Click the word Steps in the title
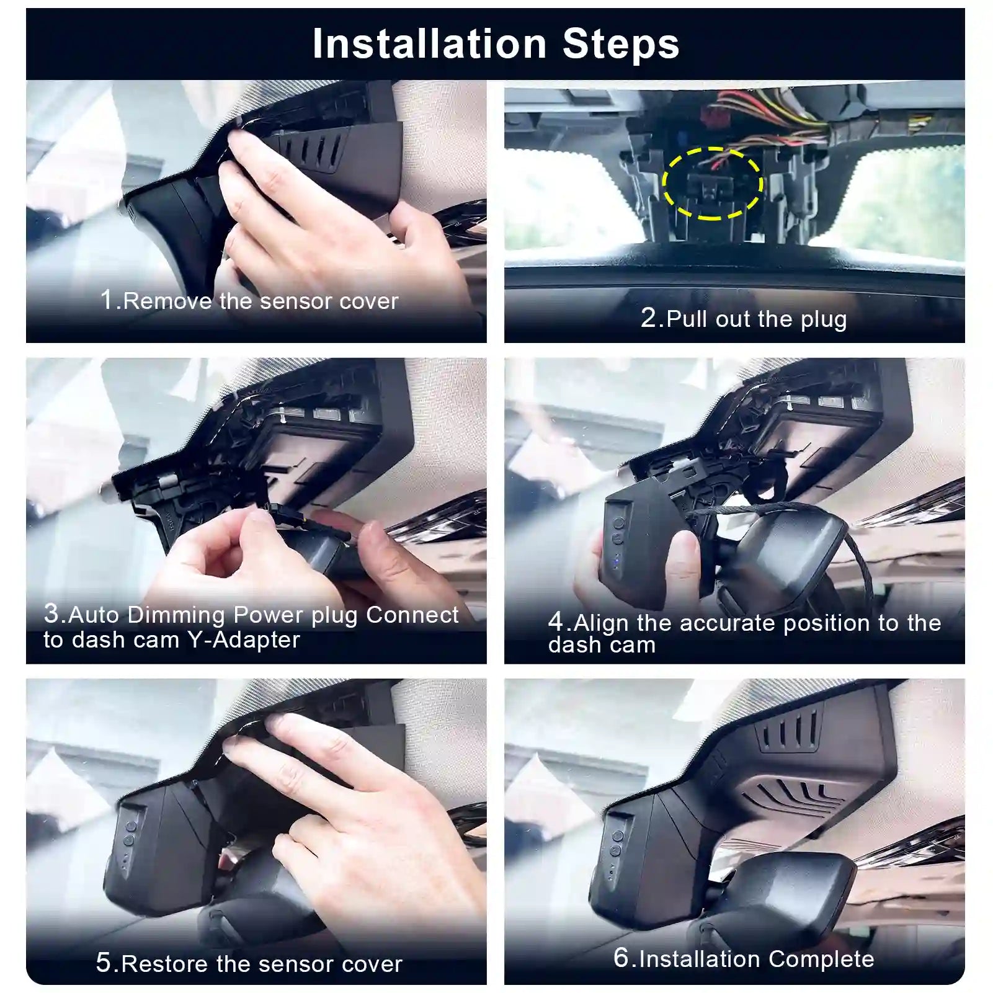point(620,44)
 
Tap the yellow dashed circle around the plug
point(712,184)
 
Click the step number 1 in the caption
point(107,300)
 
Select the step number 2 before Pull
point(649,318)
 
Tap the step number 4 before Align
point(556,622)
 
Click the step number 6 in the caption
point(621,957)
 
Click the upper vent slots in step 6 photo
point(789,734)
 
